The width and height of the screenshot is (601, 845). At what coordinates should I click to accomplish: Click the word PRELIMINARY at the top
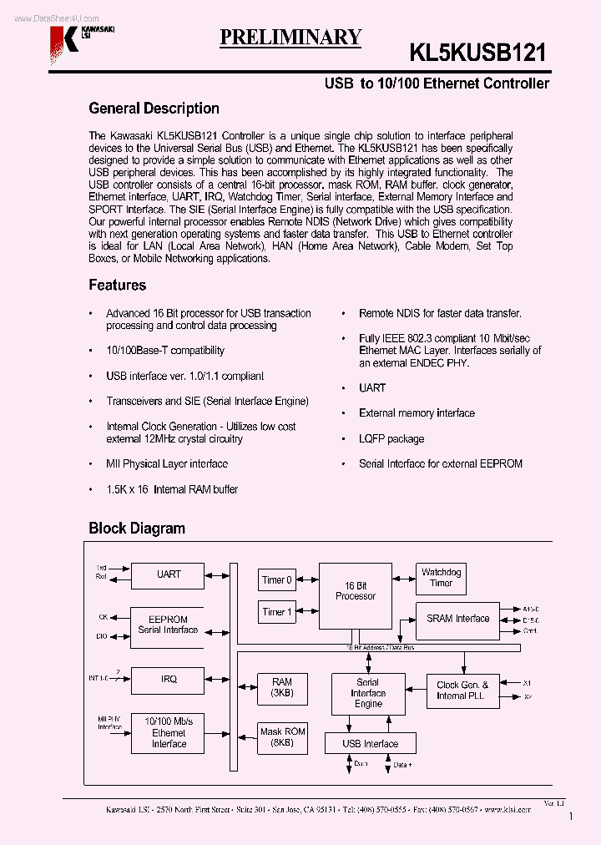coord(290,37)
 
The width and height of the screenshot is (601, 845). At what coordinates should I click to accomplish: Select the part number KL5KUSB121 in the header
coord(477,53)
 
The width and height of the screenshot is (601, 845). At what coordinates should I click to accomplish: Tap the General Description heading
coord(154,109)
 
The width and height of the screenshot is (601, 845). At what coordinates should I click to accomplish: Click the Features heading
coord(117,286)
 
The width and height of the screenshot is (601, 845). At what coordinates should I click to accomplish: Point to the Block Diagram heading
coord(137,529)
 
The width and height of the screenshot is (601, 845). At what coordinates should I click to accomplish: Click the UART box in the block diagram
coord(168,574)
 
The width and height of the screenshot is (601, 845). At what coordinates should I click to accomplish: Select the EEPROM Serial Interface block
coord(168,625)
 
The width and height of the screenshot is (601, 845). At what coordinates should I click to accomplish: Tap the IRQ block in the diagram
coord(168,679)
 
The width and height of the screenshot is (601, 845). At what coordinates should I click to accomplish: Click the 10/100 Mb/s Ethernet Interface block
coord(168,732)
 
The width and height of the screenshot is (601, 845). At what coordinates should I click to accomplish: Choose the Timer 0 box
coord(277,580)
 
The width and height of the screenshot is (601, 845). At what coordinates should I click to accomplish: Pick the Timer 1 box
coord(277,612)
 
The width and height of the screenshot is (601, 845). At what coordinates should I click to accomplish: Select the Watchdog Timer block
coord(440,578)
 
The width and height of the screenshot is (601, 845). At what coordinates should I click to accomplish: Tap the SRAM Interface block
coord(457,619)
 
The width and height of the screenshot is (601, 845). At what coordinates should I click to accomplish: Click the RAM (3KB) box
coord(281,687)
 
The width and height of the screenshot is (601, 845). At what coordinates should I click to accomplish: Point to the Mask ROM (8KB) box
coord(282,736)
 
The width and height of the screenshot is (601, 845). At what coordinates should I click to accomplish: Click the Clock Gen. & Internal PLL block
coord(462,690)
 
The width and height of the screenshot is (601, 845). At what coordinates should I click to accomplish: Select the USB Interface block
coord(371,743)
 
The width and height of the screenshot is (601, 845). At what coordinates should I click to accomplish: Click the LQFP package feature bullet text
coord(391,439)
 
